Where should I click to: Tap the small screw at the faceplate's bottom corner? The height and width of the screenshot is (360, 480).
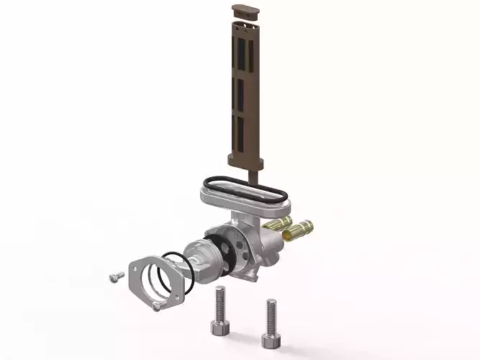coord(156,307)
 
